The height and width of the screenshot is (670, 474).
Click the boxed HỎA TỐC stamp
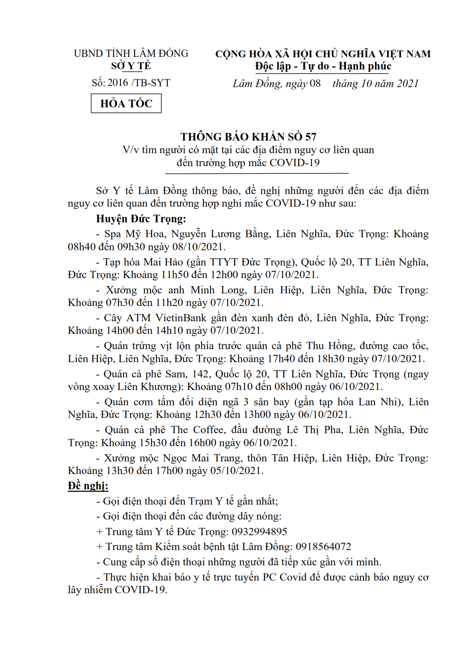click(x=126, y=104)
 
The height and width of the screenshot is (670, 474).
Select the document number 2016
click(x=118, y=83)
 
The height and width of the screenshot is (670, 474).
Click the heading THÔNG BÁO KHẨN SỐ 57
click(x=248, y=137)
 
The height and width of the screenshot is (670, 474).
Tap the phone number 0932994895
click(x=259, y=532)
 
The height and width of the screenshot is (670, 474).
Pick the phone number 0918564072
click(x=323, y=547)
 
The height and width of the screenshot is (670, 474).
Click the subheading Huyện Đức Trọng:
click(x=141, y=219)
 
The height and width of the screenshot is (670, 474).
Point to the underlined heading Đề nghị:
click(x=88, y=486)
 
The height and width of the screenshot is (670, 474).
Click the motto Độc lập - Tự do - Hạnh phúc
click(x=323, y=66)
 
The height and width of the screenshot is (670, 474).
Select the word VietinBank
click(x=181, y=318)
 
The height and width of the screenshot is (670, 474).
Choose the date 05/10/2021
click(x=237, y=471)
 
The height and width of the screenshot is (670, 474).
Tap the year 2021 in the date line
click(x=408, y=84)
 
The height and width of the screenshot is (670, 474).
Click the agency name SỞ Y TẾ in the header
click(x=131, y=66)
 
